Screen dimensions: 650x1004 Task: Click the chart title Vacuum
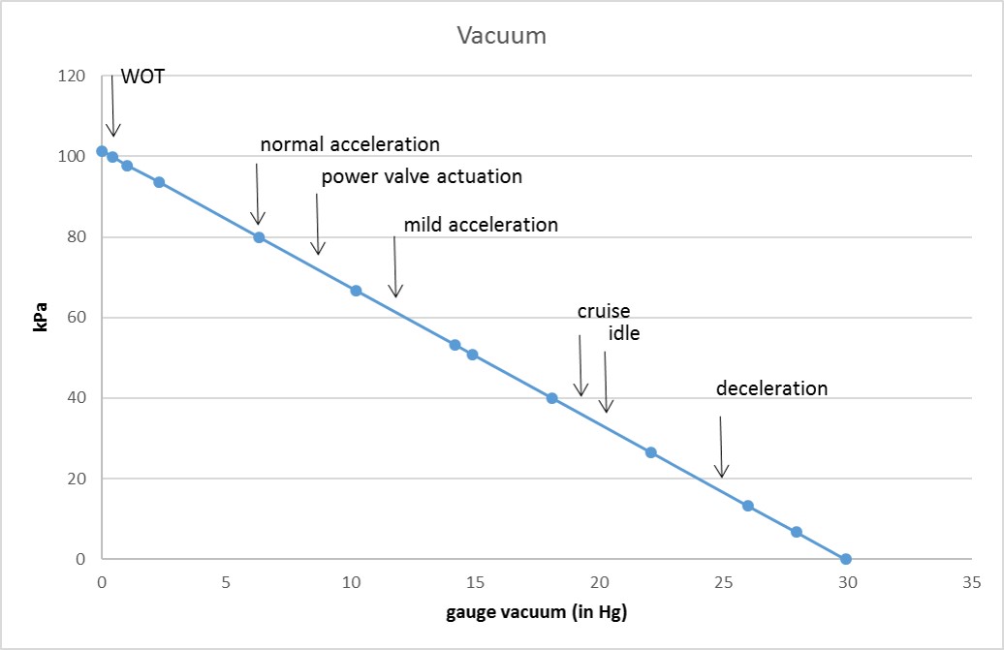502,36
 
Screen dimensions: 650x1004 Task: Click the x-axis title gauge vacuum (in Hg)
529,612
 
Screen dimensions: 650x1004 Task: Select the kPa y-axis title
41,318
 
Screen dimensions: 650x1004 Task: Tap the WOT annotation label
142,77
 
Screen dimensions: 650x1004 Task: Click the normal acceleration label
350,144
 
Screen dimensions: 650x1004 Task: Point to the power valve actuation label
422,176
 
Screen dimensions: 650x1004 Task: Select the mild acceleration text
481,225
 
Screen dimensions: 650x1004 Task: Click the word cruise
604,311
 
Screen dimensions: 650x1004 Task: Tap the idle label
624,333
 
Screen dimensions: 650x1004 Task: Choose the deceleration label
771,388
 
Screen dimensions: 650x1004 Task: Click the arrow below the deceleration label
721,448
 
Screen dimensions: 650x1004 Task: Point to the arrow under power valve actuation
317,225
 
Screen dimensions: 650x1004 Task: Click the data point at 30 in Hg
846,559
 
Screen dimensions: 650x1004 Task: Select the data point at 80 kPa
259,237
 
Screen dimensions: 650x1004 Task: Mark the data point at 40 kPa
551,398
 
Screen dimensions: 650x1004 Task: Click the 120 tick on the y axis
72,76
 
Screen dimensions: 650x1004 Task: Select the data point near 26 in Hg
747,506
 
